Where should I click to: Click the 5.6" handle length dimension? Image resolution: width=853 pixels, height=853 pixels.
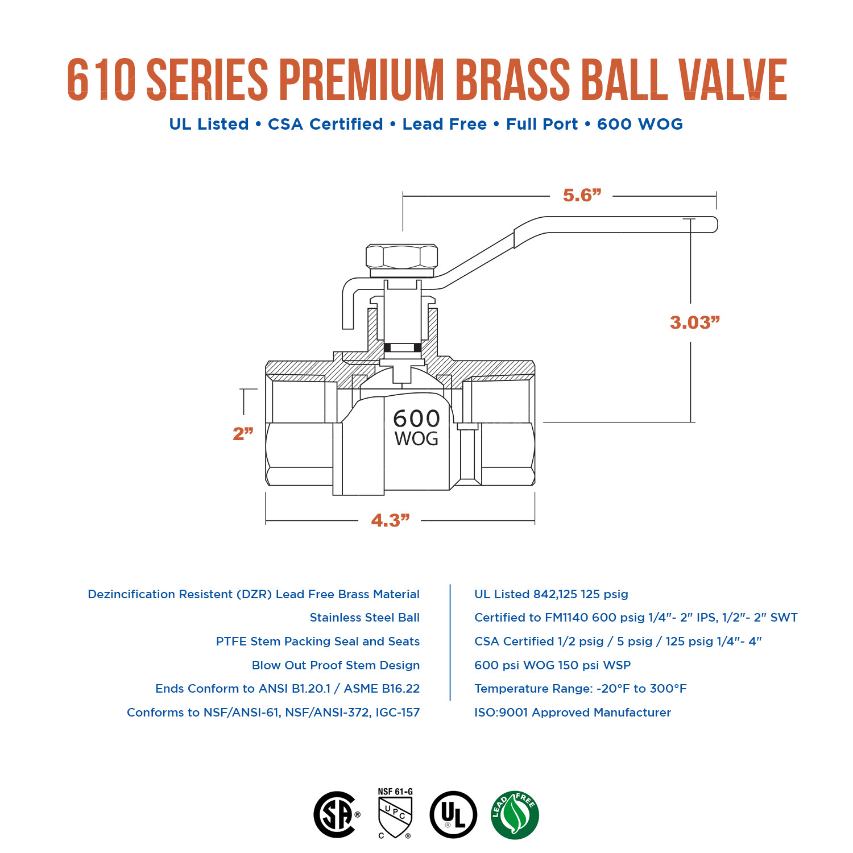tap(582, 196)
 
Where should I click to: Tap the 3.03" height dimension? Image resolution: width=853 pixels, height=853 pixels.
tap(694, 322)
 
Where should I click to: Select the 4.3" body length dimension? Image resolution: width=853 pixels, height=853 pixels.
tap(390, 520)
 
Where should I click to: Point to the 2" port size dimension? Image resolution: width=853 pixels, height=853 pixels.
tap(243, 433)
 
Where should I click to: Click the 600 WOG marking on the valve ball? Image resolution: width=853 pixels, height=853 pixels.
tap(416, 428)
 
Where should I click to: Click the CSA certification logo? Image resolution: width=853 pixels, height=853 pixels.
tap(336, 814)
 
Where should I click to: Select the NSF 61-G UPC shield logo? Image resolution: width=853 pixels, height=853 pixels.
tap(395, 813)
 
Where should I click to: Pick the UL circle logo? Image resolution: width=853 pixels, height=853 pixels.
tap(453, 814)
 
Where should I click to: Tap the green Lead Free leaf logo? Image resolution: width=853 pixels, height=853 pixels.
tap(515, 815)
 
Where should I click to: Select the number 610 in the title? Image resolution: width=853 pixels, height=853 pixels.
tap(101, 80)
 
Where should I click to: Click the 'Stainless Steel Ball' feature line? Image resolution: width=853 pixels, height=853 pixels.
tap(365, 618)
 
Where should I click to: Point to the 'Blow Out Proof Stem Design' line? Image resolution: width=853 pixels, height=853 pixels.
tap(336, 665)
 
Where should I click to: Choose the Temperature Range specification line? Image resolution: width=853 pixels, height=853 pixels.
tap(580, 689)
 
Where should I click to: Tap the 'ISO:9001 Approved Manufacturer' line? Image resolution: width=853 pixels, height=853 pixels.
tap(572, 713)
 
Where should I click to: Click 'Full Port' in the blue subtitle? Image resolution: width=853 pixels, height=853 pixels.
tap(541, 124)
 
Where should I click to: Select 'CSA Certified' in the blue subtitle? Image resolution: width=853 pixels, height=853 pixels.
tap(325, 124)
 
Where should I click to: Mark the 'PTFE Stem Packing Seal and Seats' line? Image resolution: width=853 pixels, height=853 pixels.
tap(317, 641)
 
